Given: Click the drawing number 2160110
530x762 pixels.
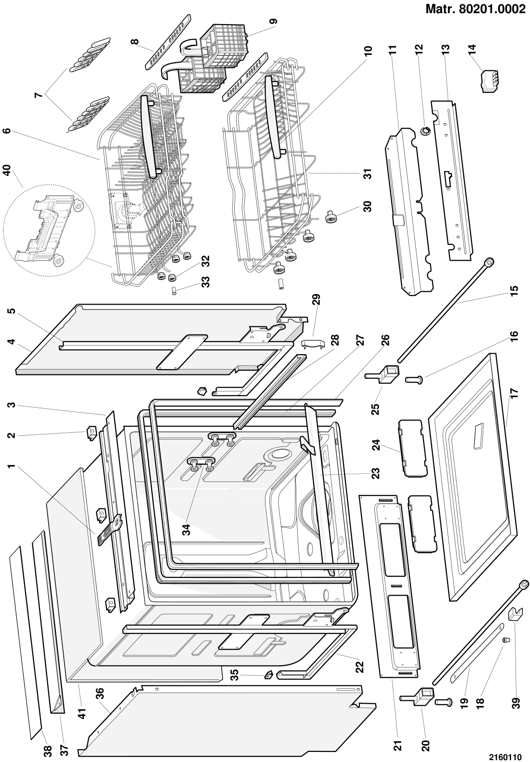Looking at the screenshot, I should tap(506, 756).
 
